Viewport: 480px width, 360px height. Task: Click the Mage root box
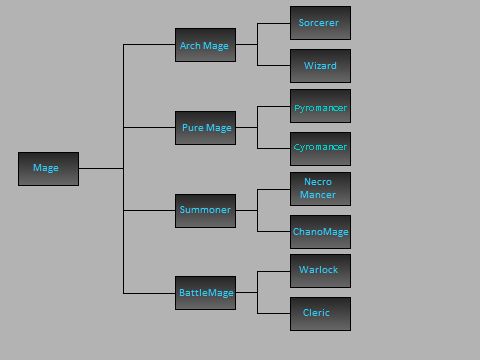click(48, 168)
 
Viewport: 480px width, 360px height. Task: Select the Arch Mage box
click(205, 45)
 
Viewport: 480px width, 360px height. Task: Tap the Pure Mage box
click(205, 128)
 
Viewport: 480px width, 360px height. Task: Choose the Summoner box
click(205, 210)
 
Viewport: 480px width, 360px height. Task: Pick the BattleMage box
click(205, 293)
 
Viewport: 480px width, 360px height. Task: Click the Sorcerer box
click(320, 22)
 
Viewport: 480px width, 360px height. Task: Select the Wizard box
click(320, 66)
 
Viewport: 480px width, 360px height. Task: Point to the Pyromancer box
click(320, 106)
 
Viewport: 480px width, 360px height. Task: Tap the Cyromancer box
click(320, 148)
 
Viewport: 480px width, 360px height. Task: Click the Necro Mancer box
click(320, 189)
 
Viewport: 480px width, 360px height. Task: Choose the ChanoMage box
click(320, 231)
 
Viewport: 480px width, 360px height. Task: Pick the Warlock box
click(320, 271)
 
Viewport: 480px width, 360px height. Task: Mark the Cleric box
click(320, 313)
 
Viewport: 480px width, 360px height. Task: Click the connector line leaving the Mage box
click(100, 168)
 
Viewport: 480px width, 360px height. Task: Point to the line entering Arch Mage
click(150, 45)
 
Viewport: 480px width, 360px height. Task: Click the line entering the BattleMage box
click(150, 293)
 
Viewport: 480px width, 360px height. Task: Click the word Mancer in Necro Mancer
click(320, 196)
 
